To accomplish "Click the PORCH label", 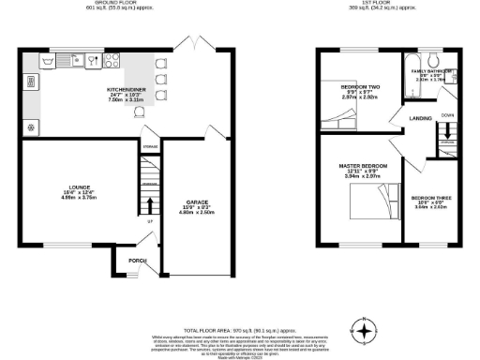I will click(138, 261).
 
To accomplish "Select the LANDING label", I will click(407, 117).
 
